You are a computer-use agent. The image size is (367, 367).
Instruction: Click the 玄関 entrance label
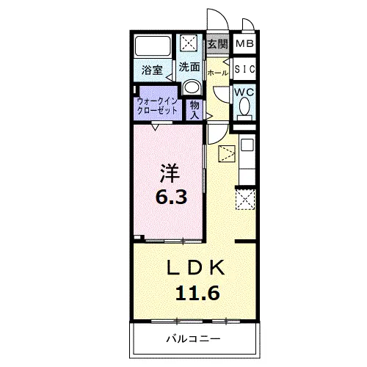coord(218,44)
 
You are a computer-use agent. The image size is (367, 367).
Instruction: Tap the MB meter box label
coord(244,44)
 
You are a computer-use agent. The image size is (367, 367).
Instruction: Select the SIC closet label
coord(244,69)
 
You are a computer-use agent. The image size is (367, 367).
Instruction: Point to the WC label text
coord(244,92)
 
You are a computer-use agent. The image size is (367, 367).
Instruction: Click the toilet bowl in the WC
coord(244,106)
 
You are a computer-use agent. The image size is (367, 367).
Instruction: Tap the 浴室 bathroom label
coord(152,70)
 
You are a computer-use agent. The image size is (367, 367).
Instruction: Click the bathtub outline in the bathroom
coord(153,46)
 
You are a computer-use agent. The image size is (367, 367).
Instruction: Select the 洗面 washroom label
coord(189,67)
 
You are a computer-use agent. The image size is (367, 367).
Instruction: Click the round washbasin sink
coord(192,87)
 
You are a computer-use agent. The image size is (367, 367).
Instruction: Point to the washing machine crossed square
coord(189,43)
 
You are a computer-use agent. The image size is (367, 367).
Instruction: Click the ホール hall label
coord(218,73)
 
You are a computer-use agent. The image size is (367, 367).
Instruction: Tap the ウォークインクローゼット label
coord(157,106)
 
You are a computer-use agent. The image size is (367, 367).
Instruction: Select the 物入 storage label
coord(195,110)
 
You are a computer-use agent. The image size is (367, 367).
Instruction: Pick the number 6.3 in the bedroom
coord(171,197)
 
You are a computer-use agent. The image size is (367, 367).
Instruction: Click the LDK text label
coord(196,267)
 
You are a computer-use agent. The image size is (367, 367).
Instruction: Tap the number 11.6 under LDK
coord(197,293)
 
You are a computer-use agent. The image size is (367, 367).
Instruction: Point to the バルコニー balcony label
coord(194,339)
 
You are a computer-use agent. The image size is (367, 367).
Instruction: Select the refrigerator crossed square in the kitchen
coord(245,200)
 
